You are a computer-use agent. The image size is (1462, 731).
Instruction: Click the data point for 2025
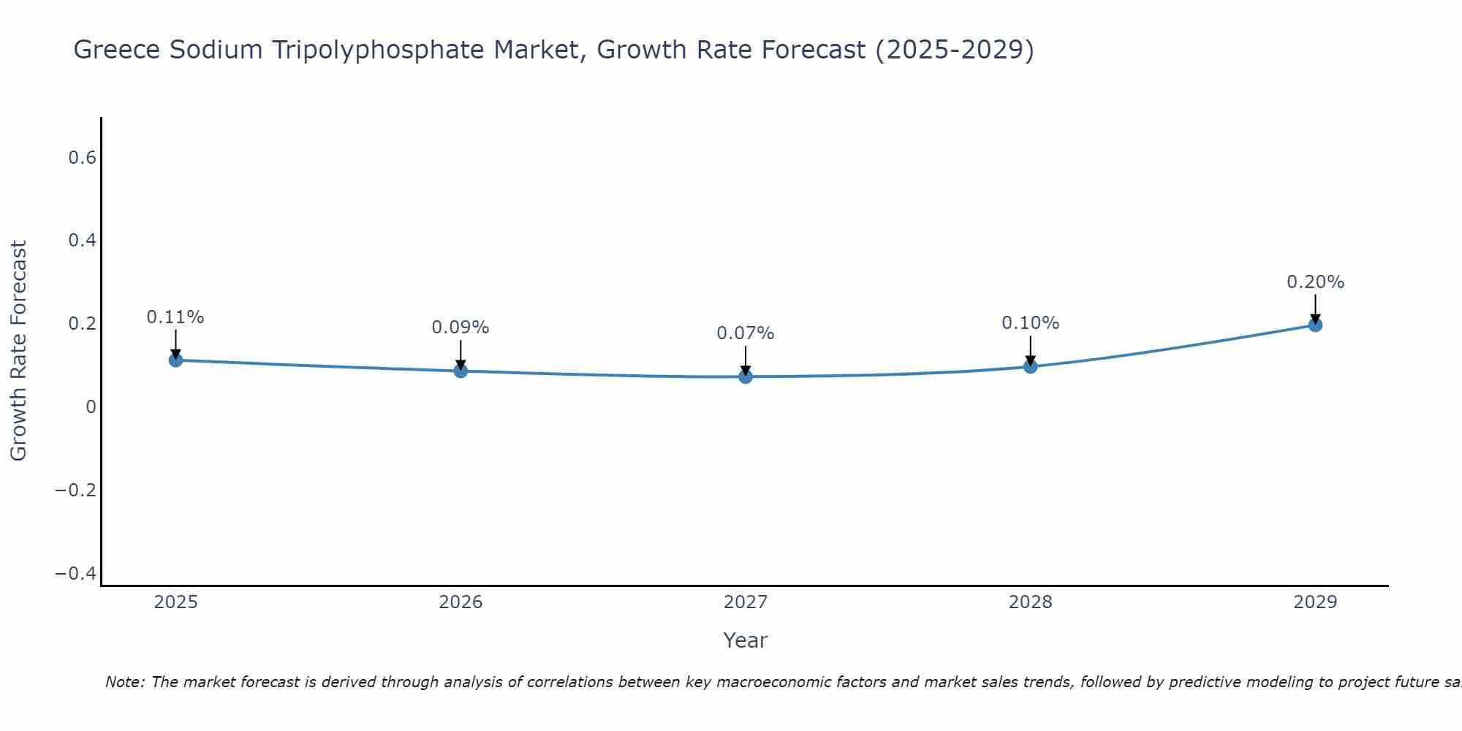coord(175,360)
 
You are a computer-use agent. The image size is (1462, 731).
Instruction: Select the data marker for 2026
coord(461,371)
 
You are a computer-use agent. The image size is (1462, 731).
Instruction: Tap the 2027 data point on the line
coord(746,376)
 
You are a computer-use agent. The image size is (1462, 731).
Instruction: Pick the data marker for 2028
coord(1030,366)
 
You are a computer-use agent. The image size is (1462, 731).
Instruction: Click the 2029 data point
coord(1315,325)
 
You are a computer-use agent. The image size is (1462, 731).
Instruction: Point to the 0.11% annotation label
coord(175,317)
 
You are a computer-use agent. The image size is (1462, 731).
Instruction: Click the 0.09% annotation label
coord(461,327)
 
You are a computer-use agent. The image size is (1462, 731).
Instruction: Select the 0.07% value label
coord(746,333)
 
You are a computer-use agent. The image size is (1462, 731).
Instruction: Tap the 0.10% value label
coord(1030,323)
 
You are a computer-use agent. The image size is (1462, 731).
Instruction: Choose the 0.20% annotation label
coord(1315,282)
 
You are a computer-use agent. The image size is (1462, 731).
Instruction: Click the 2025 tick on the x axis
coord(176,602)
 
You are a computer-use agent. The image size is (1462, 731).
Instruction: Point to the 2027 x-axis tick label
coord(746,602)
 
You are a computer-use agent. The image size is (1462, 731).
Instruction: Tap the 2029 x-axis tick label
coord(1315,602)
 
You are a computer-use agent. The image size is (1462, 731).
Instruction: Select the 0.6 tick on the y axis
coord(83,158)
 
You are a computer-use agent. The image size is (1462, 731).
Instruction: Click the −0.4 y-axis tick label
coord(76,573)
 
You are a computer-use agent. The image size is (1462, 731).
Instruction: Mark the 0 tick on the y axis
coord(91,407)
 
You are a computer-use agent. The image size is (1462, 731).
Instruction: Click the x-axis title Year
coord(746,640)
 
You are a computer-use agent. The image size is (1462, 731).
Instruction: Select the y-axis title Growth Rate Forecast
coord(18,351)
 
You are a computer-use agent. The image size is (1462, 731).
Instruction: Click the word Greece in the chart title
coord(117,50)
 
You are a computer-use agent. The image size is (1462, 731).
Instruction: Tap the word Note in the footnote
coord(125,682)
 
